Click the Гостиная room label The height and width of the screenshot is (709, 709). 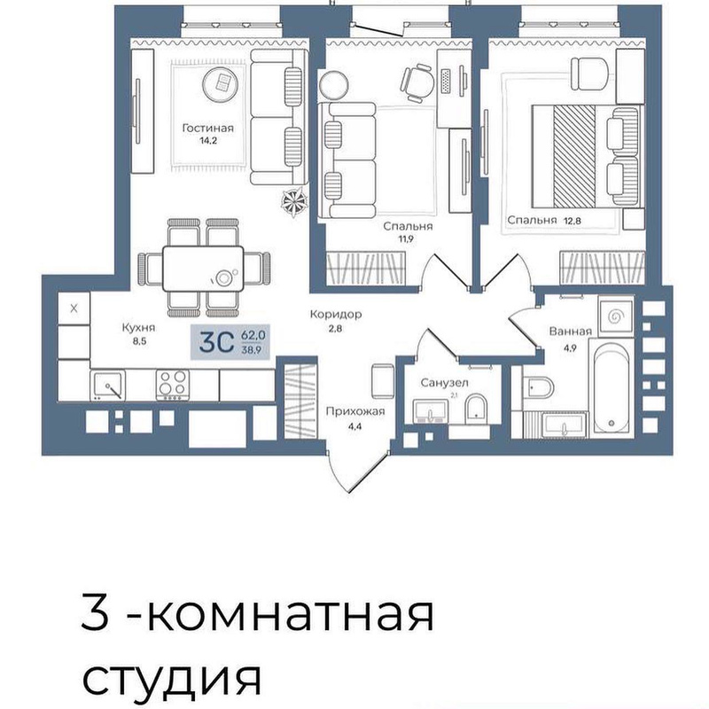click(x=208, y=128)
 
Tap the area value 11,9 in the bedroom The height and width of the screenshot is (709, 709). click(x=406, y=238)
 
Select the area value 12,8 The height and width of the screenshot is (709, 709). click(x=572, y=221)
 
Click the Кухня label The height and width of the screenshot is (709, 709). click(x=138, y=327)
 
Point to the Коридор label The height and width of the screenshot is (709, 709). click(x=336, y=314)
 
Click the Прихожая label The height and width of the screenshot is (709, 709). click(x=355, y=411)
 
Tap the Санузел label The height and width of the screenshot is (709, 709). click(x=445, y=383)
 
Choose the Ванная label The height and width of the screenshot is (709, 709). click(x=570, y=331)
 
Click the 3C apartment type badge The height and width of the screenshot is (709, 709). click(x=230, y=342)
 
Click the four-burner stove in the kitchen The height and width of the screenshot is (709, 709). click(x=172, y=385)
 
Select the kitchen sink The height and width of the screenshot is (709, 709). click(x=107, y=386)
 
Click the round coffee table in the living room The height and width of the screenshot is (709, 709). click(x=222, y=84)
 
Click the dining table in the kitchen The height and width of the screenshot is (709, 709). click(x=203, y=269)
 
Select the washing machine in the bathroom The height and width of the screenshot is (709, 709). click(x=615, y=316)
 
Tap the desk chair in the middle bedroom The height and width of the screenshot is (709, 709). click(x=417, y=82)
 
